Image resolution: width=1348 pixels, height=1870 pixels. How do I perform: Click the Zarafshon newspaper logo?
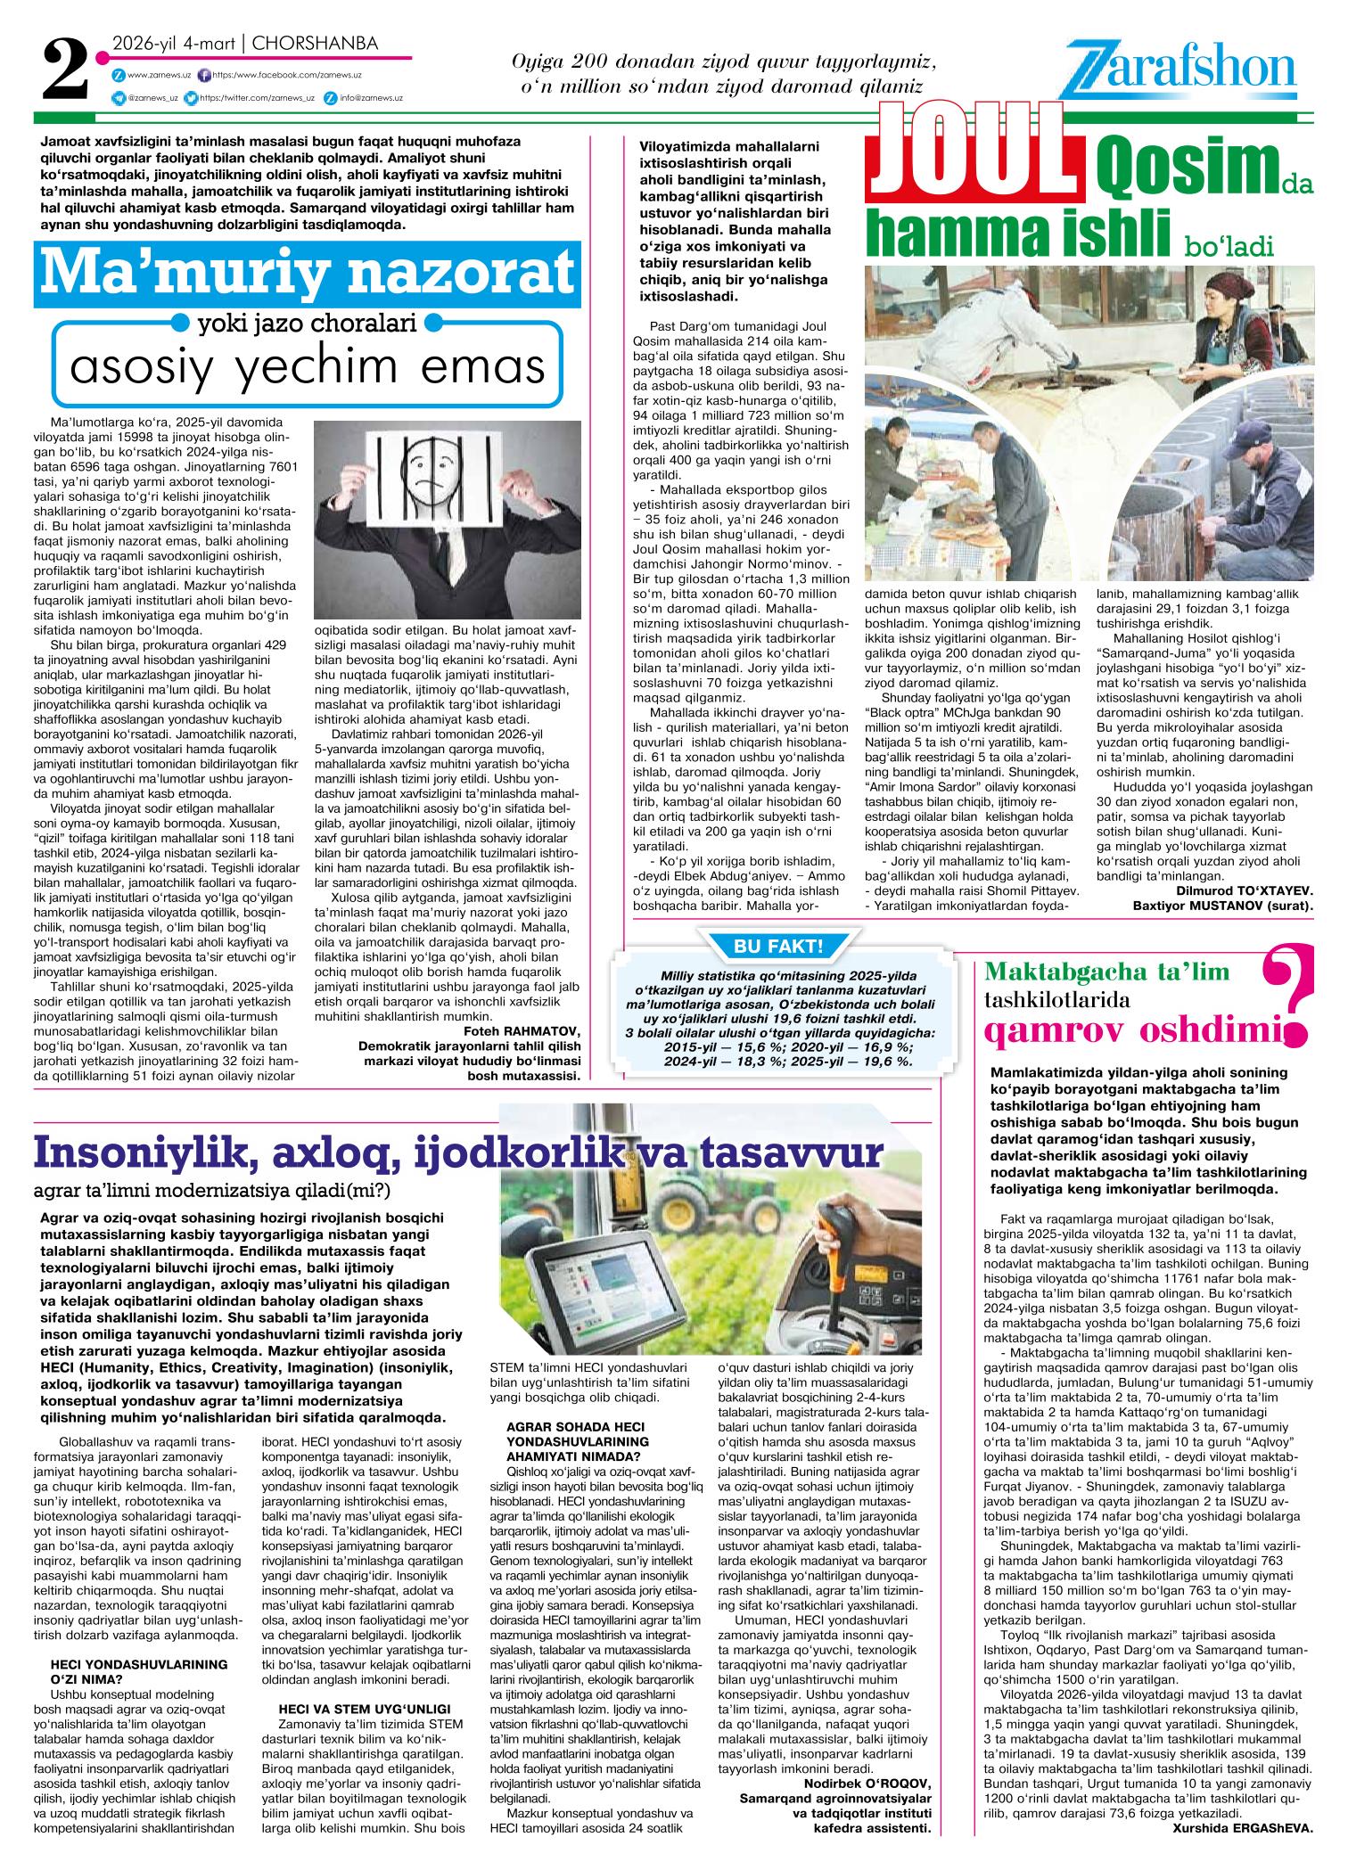tap(1178, 71)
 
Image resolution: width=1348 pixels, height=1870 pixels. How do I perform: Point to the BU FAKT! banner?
tap(777, 945)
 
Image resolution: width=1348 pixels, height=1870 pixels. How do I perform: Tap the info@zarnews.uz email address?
tap(371, 99)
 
